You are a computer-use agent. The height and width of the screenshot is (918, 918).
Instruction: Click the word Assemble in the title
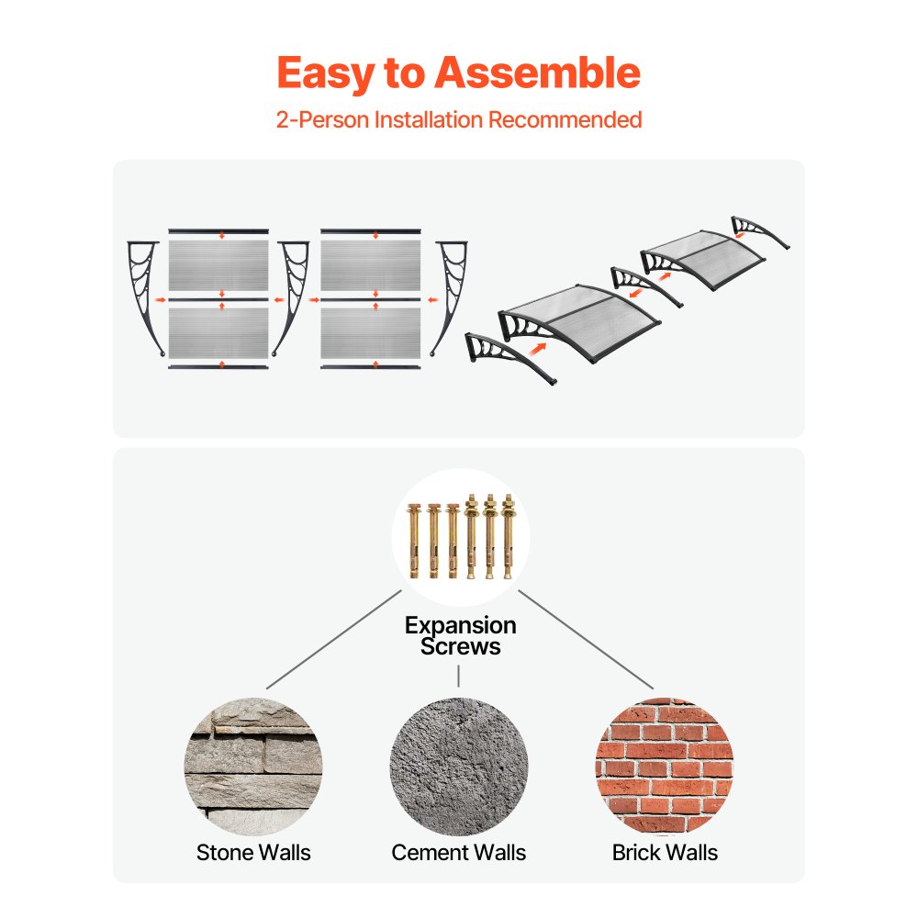coord(537,73)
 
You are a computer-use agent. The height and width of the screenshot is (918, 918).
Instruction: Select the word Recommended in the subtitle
coord(565,119)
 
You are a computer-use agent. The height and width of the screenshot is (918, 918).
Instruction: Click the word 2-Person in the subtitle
coord(322,119)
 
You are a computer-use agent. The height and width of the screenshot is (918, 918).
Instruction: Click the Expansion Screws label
coord(460,636)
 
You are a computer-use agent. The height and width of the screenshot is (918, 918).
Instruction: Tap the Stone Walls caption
coord(253,853)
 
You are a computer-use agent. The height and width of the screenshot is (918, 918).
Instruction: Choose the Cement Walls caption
coord(458,853)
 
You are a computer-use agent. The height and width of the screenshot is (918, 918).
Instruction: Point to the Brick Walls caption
coord(665,853)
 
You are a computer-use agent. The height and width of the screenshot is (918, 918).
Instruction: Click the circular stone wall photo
coord(253,767)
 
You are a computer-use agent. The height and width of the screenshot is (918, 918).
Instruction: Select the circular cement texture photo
coord(459,767)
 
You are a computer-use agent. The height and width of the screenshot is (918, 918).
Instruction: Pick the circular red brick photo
coord(665,767)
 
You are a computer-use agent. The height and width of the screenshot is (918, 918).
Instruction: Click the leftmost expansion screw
coord(415,541)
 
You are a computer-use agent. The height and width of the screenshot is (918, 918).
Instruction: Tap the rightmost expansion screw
coord(508,536)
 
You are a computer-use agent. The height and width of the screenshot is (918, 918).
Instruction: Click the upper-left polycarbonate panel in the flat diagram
coord(218,265)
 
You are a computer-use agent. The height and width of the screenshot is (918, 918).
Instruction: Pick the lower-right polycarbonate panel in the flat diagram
coord(371,333)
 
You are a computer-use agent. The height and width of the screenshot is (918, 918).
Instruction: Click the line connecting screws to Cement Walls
coord(458,676)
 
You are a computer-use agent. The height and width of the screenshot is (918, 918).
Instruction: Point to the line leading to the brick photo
coord(586,639)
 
